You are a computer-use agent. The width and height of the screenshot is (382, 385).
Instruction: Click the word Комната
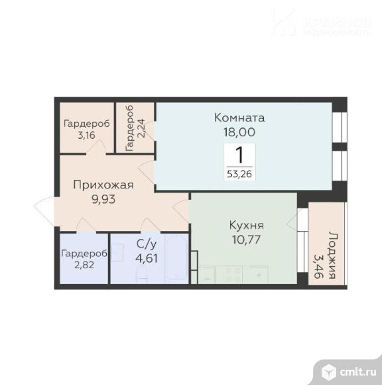pyautogui.click(x=239, y=117)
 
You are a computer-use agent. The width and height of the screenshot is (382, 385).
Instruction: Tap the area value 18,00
pyautogui.click(x=239, y=132)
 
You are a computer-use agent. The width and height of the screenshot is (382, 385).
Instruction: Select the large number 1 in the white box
pyautogui.click(x=239, y=155)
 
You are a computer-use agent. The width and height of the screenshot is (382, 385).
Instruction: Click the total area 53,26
pyautogui.click(x=239, y=174)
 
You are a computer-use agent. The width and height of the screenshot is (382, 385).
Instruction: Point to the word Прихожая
pyautogui.click(x=103, y=185)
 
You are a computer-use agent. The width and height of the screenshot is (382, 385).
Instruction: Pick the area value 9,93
pyautogui.click(x=103, y=199)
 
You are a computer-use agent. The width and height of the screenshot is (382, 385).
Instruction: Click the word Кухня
pyautogui.click(x=246, y=225)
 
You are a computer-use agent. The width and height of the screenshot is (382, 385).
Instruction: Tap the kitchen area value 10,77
pyautogui.click(x=246, y=240)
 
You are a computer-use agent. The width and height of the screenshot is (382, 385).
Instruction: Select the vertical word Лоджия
pyautogui.click(x=332, y=255)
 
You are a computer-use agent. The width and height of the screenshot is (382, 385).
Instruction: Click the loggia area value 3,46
pyautogui.click(x=318, y=266)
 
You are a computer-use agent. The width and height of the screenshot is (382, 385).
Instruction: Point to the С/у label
pyautogui.click(x=147, y=244)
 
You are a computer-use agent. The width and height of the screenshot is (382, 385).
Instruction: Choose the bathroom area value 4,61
pyautogui.click(x=147, y=258)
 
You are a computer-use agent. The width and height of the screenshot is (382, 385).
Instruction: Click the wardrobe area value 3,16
pyautogui.click(x=86, y=135)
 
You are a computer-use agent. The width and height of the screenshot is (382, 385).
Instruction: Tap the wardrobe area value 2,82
pyautogui.click(x=84, y=265)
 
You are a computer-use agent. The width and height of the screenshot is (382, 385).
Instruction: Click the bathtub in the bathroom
pyautogui.click(x=177, y=258)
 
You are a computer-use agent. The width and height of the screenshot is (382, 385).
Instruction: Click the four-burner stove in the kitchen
pyautogui.click(x=229, y=275)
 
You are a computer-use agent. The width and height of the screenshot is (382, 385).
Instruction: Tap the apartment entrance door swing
pyautogui.click(x=44, y=211)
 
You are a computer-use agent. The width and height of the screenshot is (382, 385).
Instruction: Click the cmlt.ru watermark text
pyautogui.click(x=358, y=372)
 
